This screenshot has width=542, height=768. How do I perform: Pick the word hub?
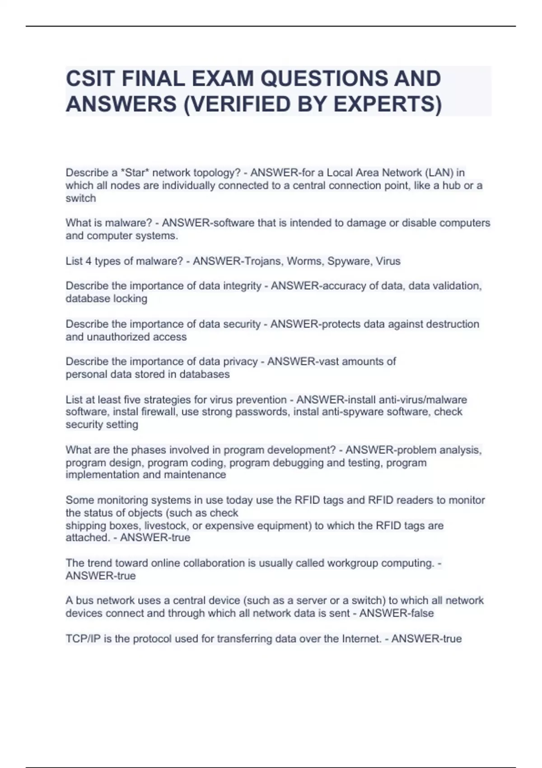coord(451,185)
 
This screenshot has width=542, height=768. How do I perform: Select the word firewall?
coord(153,412)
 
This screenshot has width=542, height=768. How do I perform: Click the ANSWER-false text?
coord(396,613)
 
